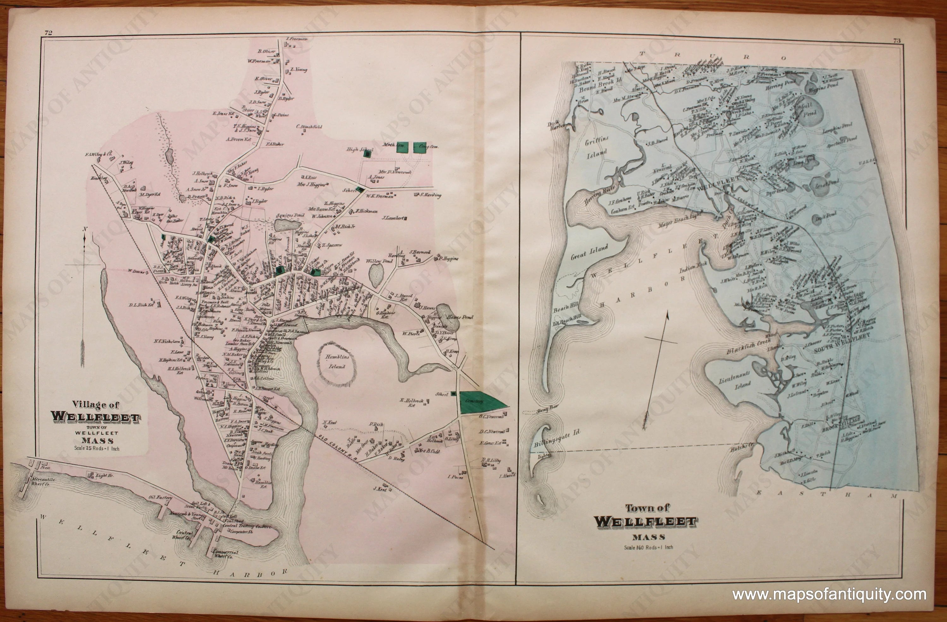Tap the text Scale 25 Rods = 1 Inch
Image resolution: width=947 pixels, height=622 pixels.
coord(97,448)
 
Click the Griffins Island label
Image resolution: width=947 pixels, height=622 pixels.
coord(596,147)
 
